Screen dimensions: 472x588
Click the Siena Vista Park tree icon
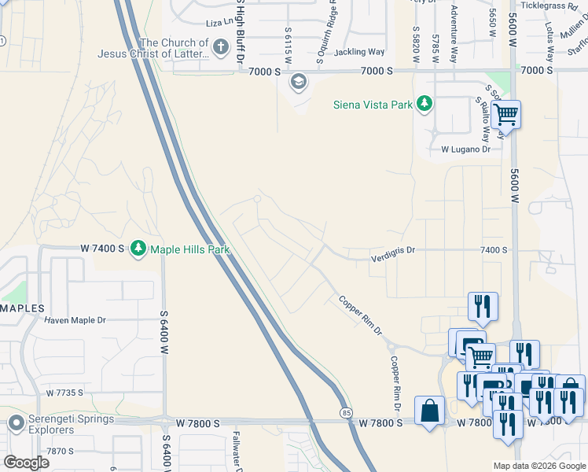424,104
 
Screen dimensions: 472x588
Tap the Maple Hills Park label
189,249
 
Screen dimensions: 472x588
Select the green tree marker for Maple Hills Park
139,249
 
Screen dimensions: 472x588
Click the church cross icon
221,49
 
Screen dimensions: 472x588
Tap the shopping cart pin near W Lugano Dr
505,115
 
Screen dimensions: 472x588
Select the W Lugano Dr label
465,148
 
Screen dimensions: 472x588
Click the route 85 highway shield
346,412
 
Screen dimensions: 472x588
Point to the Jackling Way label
358,52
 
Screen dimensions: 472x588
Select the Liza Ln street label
221,24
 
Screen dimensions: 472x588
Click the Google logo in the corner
25,462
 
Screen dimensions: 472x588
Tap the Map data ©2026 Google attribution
538,466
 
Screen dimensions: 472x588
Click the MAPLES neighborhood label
22,308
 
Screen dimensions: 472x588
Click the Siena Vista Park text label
373,104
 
